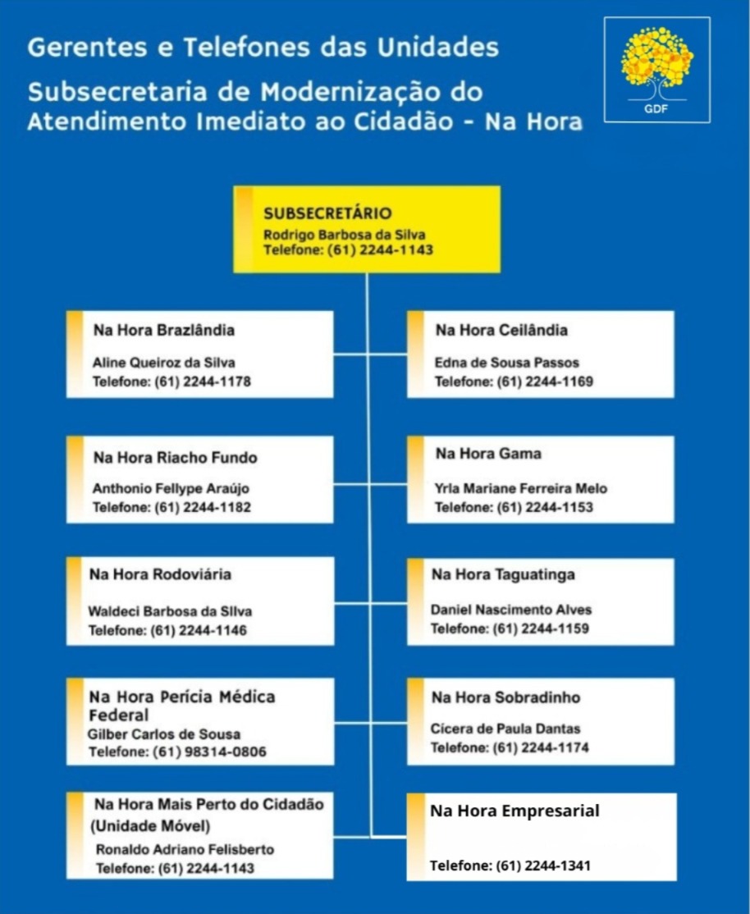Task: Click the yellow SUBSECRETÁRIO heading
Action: [x=327, y=213]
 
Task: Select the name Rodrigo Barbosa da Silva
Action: [x=344, y=235]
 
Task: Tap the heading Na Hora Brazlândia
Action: [x=164, y=330]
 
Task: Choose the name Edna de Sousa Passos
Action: [x=506, y=362]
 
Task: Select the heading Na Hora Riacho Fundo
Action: [x=176, y=457]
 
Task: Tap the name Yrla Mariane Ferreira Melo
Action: [x=521, y=488]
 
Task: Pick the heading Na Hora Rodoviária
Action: [x=160, y=574]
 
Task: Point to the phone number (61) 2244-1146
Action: [x=199, y=630]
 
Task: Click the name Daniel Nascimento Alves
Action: [x=511, y=610]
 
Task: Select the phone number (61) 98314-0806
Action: [x=209, y=752]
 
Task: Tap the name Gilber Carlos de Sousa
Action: [x=164, y=733]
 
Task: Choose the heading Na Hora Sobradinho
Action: [x=505, y=697]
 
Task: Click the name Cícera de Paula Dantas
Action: [x=505, y=729]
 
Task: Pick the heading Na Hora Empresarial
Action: [x=514, y=811]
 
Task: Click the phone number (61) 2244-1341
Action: [x=543, y=866]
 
